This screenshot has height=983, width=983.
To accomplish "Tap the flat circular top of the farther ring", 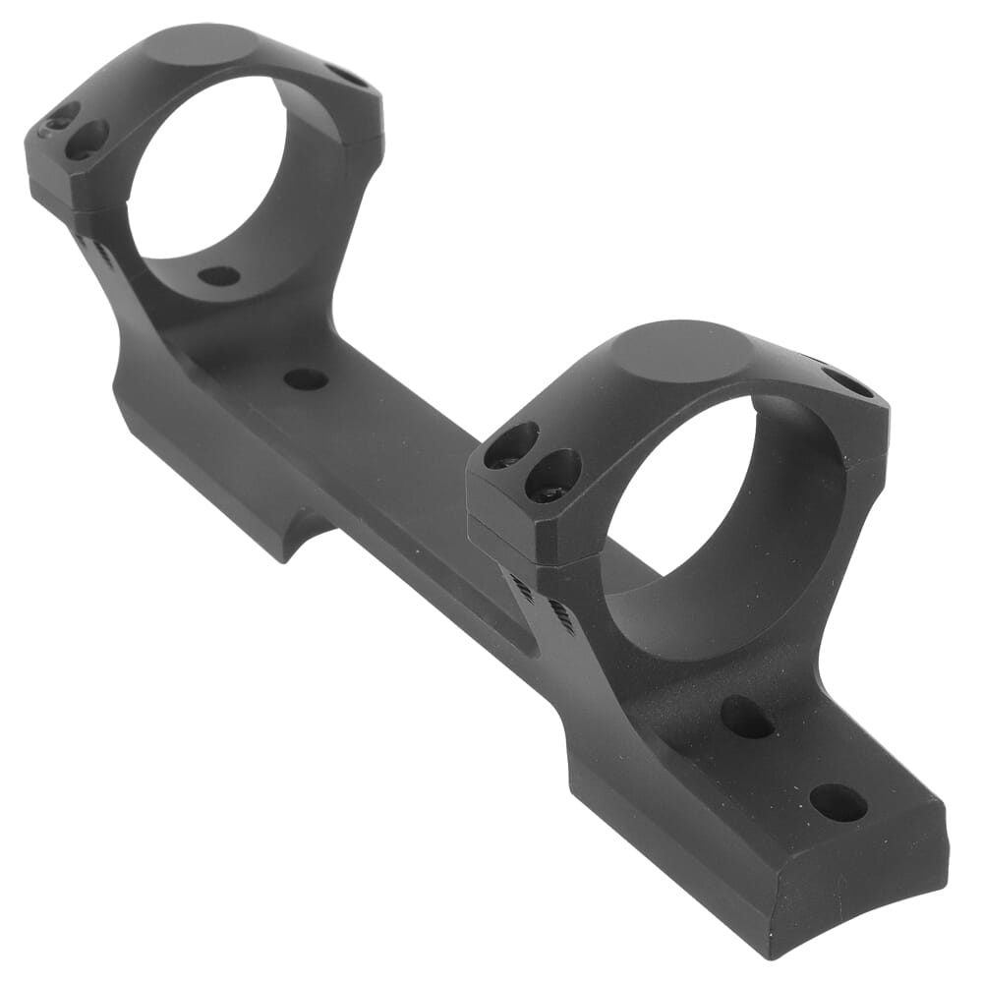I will coord(210,44).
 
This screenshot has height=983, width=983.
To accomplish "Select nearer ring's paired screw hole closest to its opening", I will coord(553,475).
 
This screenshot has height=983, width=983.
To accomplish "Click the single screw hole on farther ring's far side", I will coord(346,75).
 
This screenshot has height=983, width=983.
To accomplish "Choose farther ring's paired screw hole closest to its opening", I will coord(87,140).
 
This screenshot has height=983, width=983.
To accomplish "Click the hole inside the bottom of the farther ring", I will coord(218,276).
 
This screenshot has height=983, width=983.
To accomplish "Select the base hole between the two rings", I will coord(306,378).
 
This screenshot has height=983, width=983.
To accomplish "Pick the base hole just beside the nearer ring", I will coord(747,717).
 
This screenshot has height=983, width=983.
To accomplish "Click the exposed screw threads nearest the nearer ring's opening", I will coord(561,616).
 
